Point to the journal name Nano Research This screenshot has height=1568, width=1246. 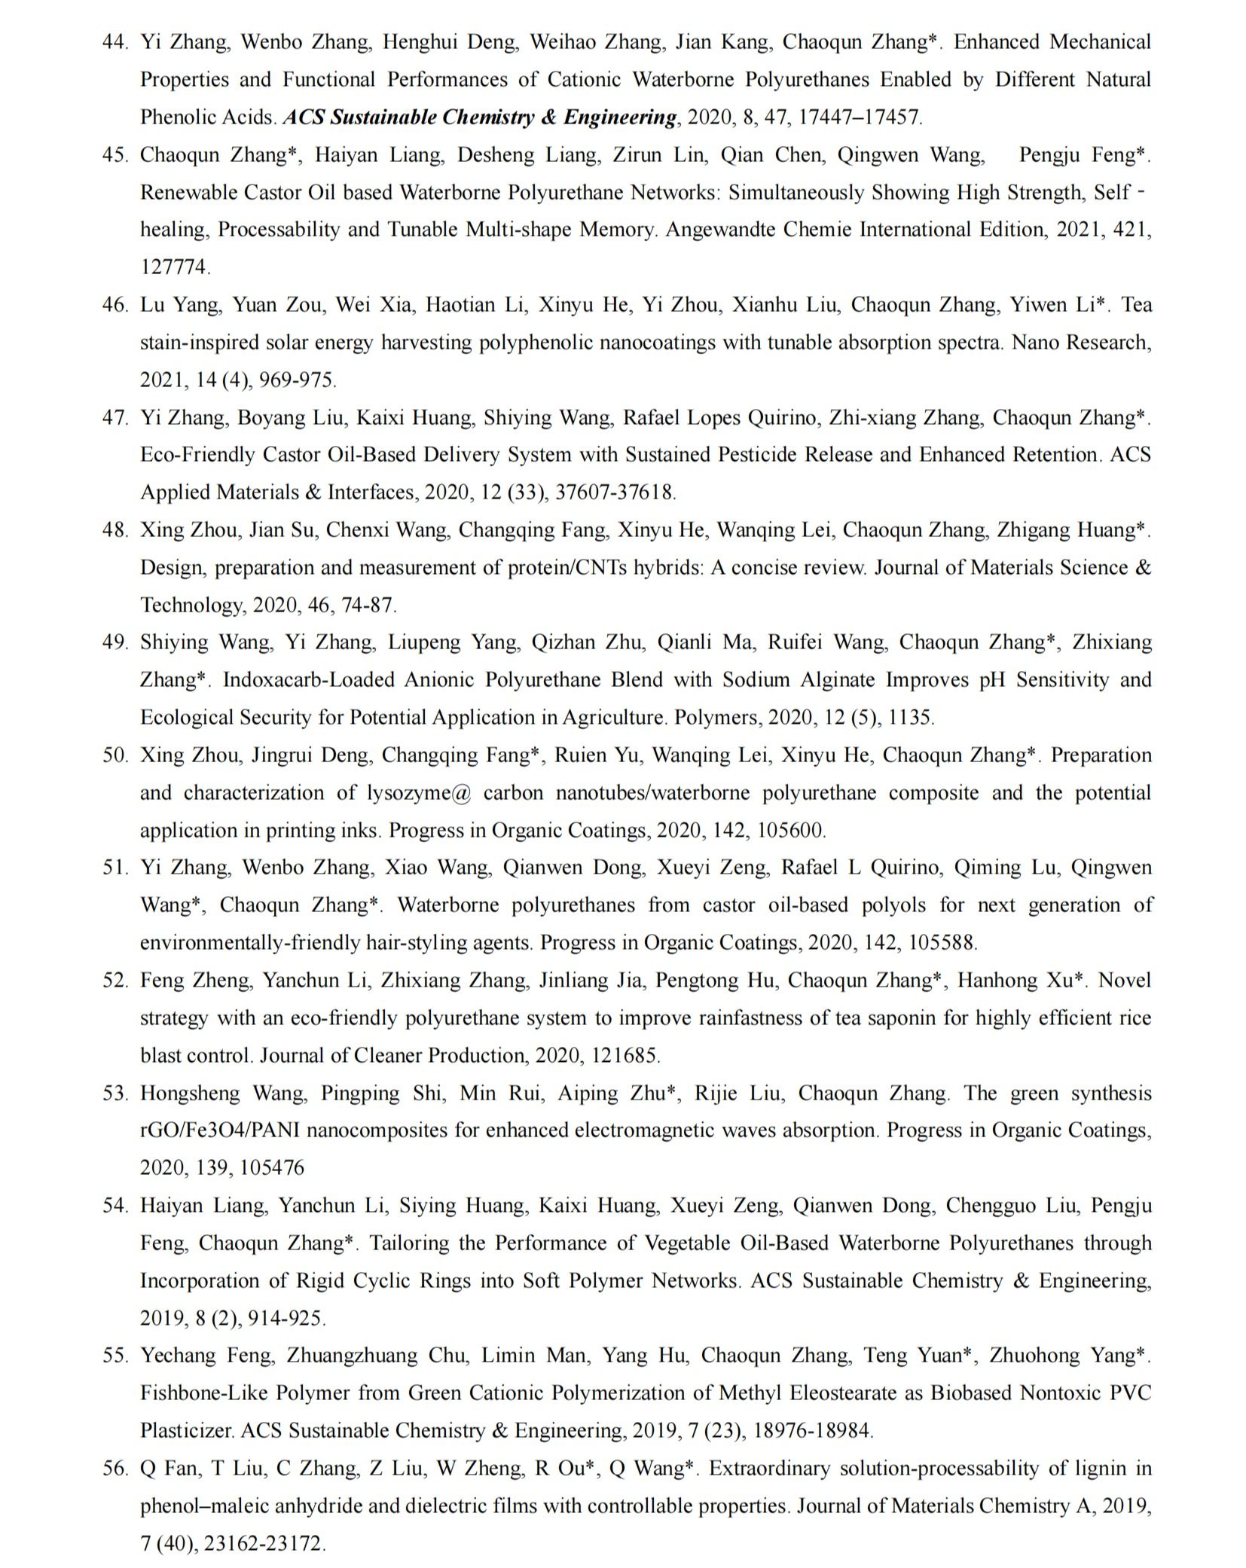[1081, 343]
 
